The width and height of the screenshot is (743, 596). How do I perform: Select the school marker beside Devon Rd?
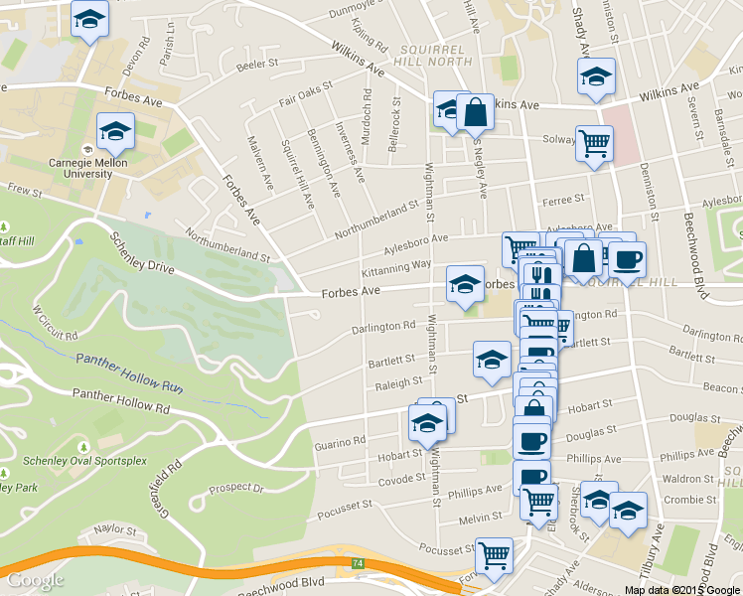90,20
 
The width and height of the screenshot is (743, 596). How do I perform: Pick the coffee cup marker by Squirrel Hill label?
626,261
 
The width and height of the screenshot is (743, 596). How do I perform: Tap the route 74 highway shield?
357,563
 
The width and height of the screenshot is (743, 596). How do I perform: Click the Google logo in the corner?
35,580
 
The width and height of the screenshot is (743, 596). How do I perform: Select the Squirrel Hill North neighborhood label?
436,54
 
